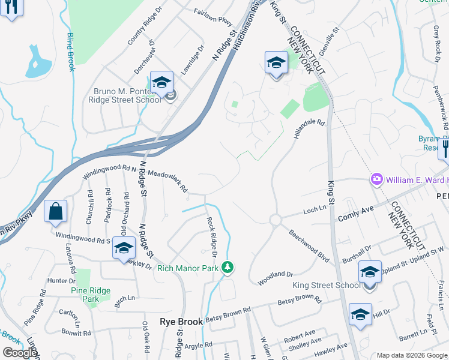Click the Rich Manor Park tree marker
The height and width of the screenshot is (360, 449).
click(x=228, y=267)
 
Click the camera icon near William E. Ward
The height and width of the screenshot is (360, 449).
click(x=376, y=179)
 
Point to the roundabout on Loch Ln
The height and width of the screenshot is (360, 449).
click(x=276, y=220)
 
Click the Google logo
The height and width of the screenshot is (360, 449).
click(x=20, y=353)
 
